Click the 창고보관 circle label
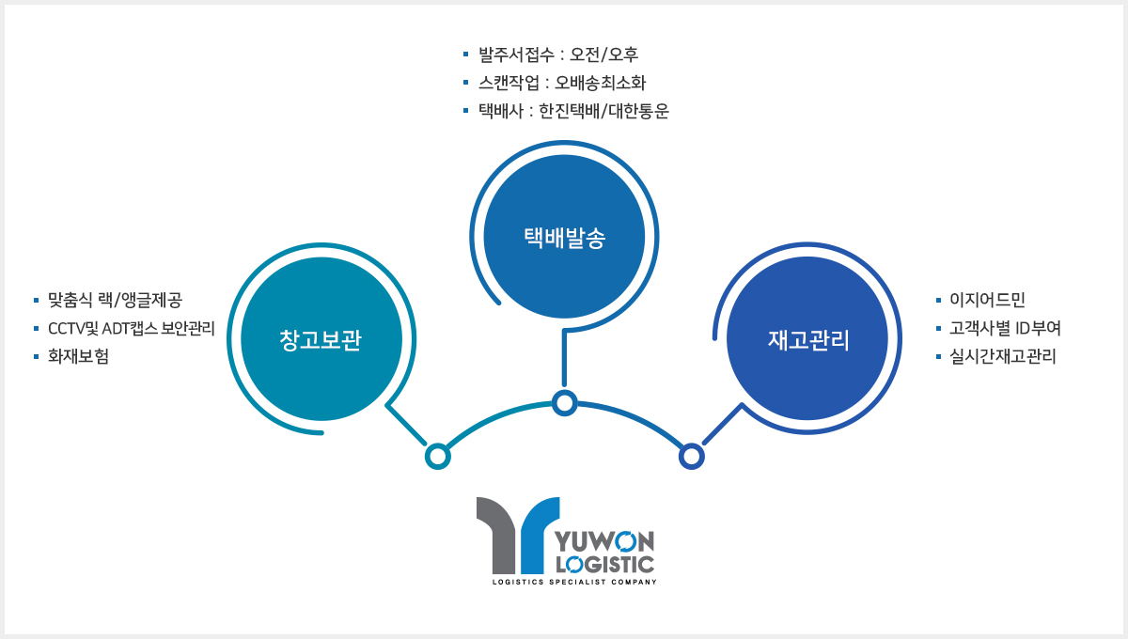(x=321, y=340)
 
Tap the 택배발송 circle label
(x=565, y=238)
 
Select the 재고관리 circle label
(x=808, y=340)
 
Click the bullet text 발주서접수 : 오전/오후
(x=558, y=55)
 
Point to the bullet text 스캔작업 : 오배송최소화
(x=561, y=83)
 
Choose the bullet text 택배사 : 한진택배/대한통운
(x=573, y=111)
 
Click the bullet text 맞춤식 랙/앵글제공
(x=115, y=300)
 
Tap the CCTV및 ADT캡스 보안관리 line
(x=132, y=328)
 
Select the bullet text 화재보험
(x=79, y=356)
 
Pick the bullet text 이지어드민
(x=987, y=300)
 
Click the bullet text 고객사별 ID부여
(x=1005, y=328)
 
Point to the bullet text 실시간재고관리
(x=1003, y=356)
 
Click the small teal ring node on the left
(x=438, y=446)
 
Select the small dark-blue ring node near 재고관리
(x=692, y=446)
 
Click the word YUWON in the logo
(x=604, y=542)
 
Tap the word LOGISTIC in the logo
(x=604, y=565)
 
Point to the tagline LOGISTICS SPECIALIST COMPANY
(x=574, y=582)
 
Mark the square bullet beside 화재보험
(x=37, y=357)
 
